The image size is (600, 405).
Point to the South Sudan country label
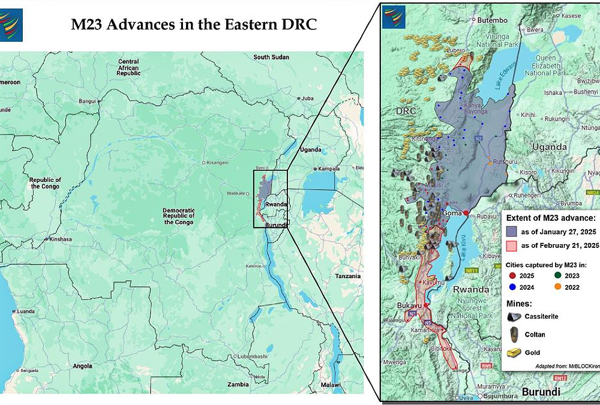tap(271, 57)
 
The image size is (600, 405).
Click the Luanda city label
tap(26, 312)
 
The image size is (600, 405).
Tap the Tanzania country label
tap(348, 276)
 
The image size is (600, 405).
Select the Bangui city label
tap(87, 101)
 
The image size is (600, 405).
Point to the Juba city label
tap(307, 98)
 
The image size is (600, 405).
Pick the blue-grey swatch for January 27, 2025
tap(512, 230)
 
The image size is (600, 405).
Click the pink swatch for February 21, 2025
tap(512, 245)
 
